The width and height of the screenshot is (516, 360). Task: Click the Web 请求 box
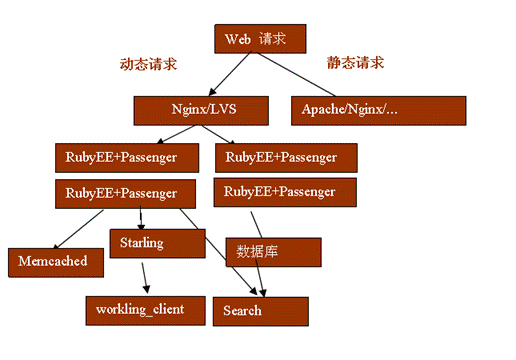click(x=258, y=39)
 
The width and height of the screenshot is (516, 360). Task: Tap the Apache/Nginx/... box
click(x=378, y=108)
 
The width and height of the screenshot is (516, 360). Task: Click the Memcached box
click(x=53, y=261)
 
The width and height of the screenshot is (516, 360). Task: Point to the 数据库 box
click(x=272, y=252)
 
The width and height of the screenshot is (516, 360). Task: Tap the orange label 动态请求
click(x=150, y=64)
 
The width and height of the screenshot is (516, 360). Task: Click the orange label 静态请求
click(x=355, y=62)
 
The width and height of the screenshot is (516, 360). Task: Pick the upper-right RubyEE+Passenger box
click(x=286, y=157)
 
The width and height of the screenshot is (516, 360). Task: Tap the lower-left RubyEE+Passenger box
click(x=122, y=192)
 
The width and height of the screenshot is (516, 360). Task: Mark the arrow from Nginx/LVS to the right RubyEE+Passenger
click(x=225, y=132)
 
